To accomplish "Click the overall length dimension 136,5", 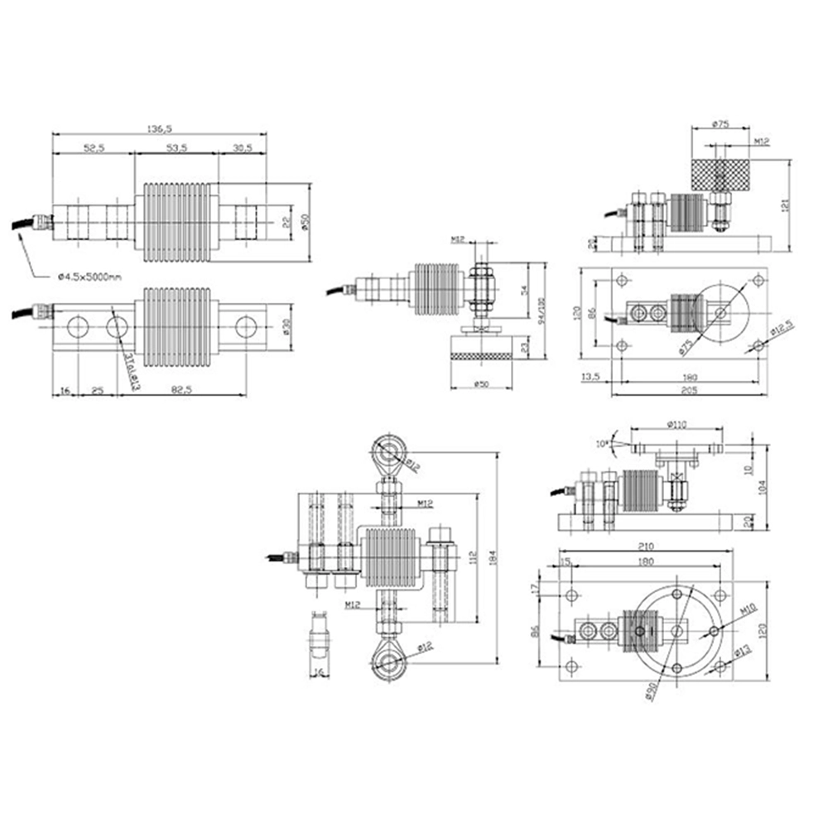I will (159, 129).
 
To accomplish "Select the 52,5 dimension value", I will (93, 148).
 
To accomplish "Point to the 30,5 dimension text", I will (243, 148).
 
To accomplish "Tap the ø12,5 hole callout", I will (777, 335).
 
